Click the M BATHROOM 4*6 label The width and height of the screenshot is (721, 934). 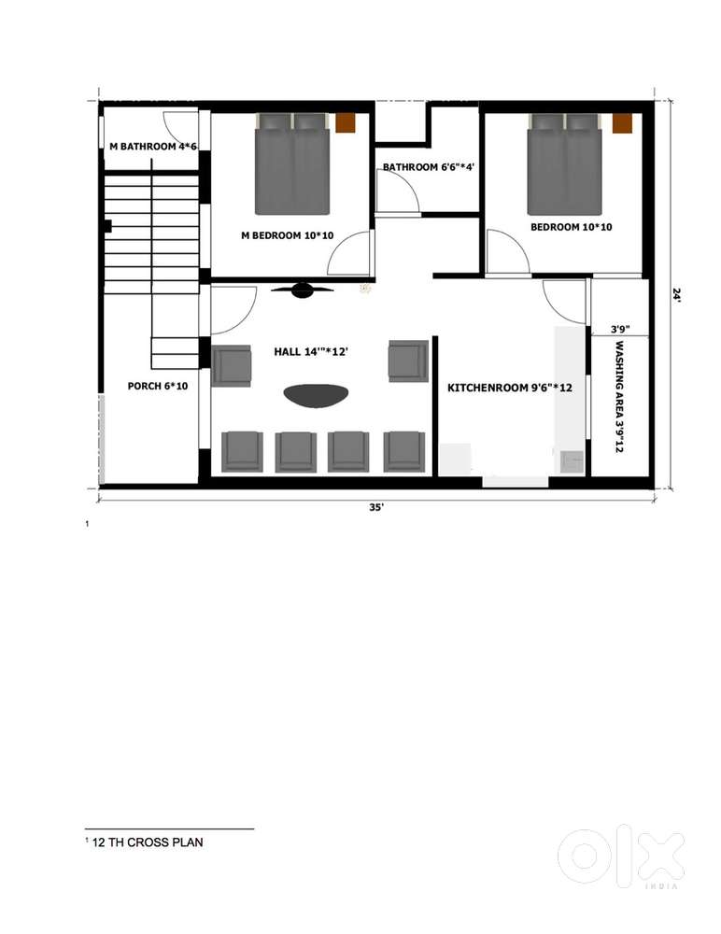[x=153, y=146]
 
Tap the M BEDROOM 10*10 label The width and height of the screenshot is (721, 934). [x=288, y=235]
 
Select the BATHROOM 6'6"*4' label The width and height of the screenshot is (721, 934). [x=429, y=167]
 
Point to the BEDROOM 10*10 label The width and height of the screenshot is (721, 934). [x=572, y=227]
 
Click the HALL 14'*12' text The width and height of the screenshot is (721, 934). [x=311, y=351]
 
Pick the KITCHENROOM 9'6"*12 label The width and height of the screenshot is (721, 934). [x=510, y=388]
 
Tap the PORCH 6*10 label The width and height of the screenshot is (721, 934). [x=158, y=386]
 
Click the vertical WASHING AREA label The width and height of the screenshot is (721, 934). [x=619, y=397]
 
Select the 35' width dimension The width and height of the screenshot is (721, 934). [x=376, y=507]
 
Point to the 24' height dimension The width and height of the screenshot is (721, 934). [x=676, y=295]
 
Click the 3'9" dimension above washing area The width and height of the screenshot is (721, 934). [x=620, y=328]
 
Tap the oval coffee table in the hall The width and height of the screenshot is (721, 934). [x=316, y=396]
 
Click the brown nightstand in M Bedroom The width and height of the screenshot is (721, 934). [x=345, y=123]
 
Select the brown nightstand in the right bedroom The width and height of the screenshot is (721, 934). [x=621, y=123]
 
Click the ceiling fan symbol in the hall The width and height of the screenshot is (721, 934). [x=302, y=290]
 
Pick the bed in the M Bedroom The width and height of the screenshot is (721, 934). [x=292, y=163]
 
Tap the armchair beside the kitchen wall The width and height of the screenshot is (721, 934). [x=408, y=361]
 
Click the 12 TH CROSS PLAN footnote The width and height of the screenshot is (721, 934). [x=148, y=842]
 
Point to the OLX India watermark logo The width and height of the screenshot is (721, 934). [x=621, y=856]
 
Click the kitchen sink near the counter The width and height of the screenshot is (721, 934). [x=573, y=461]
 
